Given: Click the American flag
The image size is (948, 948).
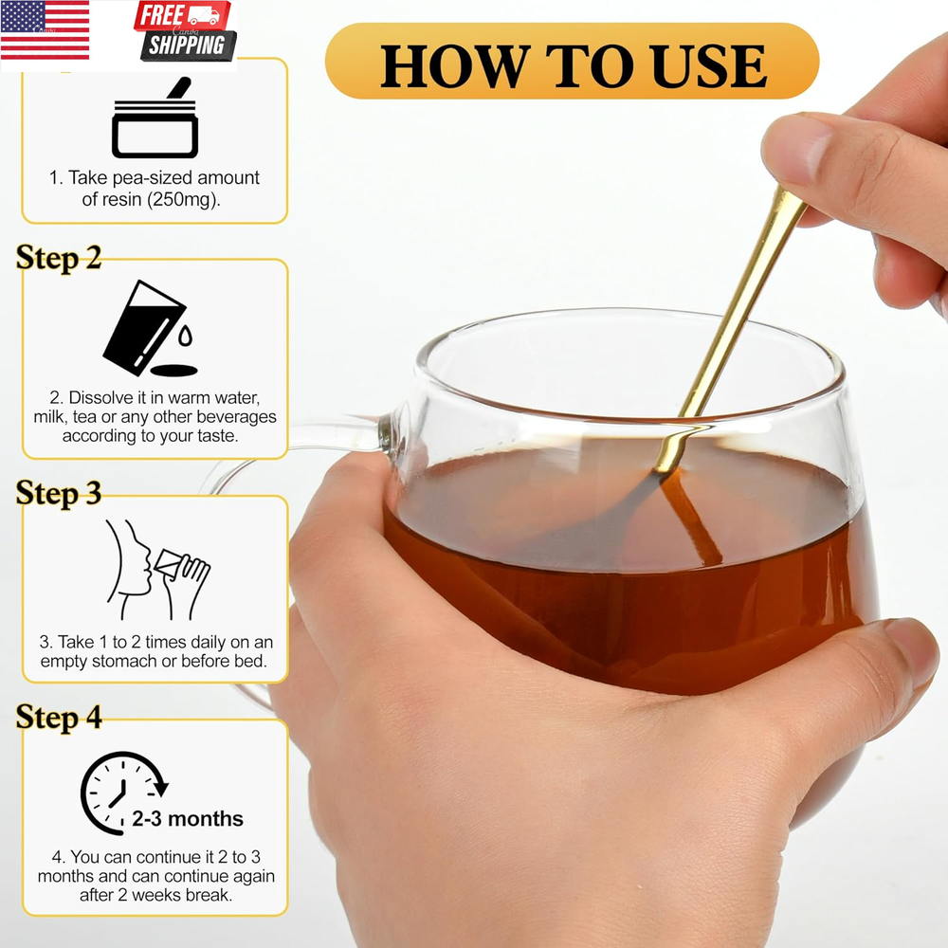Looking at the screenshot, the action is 45,30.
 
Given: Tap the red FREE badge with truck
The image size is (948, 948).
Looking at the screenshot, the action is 182,16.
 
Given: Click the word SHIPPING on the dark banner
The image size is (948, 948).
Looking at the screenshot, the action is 188,45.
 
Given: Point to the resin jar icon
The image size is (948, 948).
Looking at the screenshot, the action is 155,118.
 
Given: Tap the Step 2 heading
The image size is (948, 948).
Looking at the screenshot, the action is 59,258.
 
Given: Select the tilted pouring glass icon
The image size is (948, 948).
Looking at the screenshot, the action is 144,327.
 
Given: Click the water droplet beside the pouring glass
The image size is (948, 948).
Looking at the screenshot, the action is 185,335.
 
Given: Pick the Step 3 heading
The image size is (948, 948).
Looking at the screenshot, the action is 59,493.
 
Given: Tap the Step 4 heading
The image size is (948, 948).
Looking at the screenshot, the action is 59,718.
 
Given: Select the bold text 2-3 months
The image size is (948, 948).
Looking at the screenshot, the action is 188,819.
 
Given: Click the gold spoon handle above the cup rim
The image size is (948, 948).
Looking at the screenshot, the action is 743,302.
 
